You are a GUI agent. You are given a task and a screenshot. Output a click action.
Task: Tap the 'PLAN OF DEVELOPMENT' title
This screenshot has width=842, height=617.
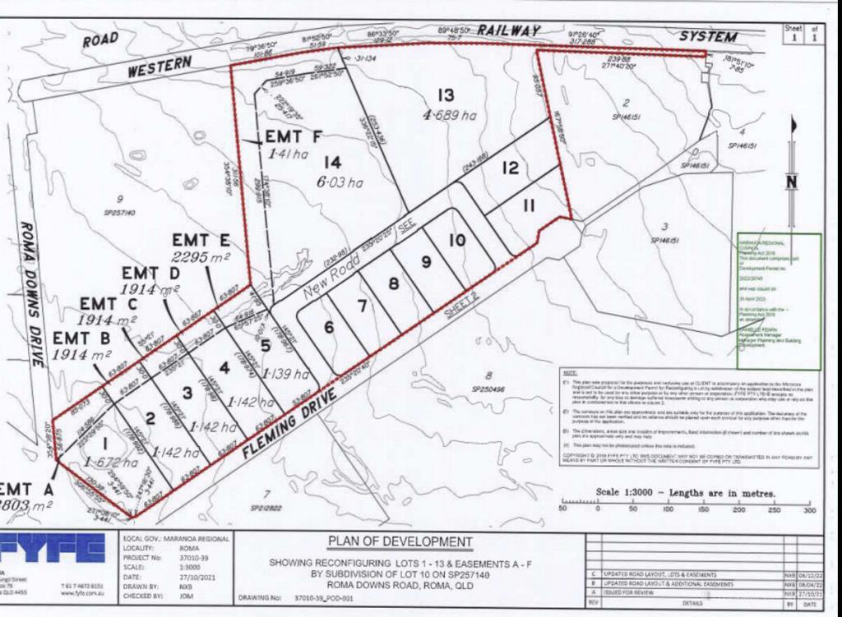coord(400,541)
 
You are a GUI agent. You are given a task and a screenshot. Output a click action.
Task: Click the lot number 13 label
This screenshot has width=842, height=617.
coord(446,94)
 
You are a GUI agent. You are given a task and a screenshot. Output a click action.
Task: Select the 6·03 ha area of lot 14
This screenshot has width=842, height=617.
coord(343,183)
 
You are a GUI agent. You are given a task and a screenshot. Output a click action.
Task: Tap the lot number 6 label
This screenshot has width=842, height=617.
coord(329,327)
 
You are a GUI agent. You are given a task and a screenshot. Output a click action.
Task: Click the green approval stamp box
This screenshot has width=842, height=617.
coord(778,302)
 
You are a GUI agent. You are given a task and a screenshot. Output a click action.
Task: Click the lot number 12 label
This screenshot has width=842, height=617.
coord(511,168)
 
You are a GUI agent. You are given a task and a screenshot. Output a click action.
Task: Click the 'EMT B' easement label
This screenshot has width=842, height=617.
coord(81,338)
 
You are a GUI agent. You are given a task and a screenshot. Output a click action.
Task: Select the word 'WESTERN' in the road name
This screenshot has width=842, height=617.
coord(160,67)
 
